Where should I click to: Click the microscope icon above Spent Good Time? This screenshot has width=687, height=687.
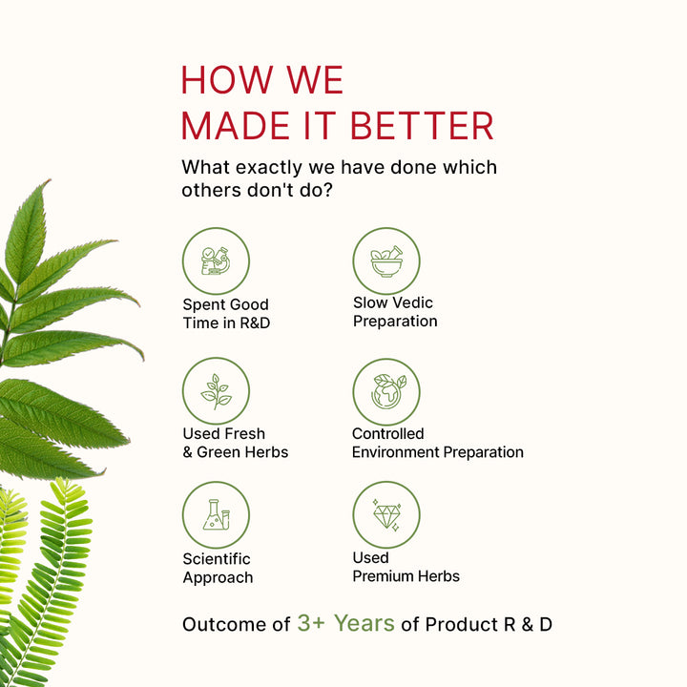[216, 260]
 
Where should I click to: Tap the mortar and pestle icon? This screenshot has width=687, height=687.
[386, 261]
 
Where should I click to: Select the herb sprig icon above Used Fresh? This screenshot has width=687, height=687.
[216, 391]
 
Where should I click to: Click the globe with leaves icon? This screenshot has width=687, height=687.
[387, 391]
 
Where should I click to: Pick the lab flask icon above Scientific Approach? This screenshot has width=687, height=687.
[216, 515]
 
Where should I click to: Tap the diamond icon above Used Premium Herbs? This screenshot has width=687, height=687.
[386, 515]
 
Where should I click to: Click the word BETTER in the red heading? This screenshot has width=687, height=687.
[422, 126]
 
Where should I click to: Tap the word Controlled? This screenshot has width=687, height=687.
[387, 433]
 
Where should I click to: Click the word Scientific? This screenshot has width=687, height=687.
[217, 558]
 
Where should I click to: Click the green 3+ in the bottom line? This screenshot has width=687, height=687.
[311, 623]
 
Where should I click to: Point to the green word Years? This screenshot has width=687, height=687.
[364, 623]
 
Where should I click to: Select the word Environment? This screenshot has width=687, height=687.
[395, 452]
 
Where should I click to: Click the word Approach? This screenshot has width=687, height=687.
[218, 577]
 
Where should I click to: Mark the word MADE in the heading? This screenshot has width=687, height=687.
[236, 126]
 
